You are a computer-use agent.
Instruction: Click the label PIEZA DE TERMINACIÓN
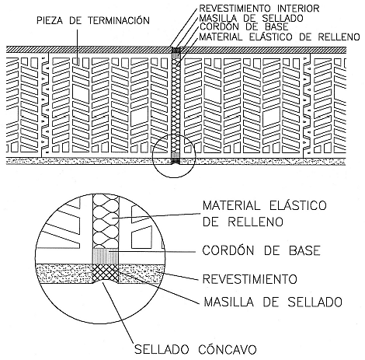[x=93, y=20]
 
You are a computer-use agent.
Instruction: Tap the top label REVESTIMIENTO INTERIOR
[x=259, y=9]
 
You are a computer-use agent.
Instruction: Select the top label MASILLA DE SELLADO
[x=251, y=18]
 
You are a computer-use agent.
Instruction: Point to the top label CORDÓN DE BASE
[x=244, y=26]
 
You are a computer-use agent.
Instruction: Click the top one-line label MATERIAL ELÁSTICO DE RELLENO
[x=280, y=37]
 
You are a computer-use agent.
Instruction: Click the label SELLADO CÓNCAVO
[x=196, y=349]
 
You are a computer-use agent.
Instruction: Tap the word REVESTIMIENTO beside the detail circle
[x=249, y=279]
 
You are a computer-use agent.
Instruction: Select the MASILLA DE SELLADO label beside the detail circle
[x=273, y=302]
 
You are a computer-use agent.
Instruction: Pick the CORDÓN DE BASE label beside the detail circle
[x=261, y=250]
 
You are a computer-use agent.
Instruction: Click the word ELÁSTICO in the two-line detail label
[x=298, y=205]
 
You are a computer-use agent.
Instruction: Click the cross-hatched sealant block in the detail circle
[x=106, y=273]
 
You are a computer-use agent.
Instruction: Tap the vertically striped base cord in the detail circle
[x=106, y=256]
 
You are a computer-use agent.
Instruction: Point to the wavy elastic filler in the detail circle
[x=106, y=221]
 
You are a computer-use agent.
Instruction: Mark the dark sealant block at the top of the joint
[x=176, y=50]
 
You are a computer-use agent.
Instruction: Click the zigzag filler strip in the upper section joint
[x=176, y=106]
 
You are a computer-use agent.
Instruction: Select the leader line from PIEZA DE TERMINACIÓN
[x=77, y=45]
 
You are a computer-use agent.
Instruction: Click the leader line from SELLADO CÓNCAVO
[x=119, y=313]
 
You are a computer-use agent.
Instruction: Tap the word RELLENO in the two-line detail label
[x=255, y=222]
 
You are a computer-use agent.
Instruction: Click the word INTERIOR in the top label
[x=298, y=9]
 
